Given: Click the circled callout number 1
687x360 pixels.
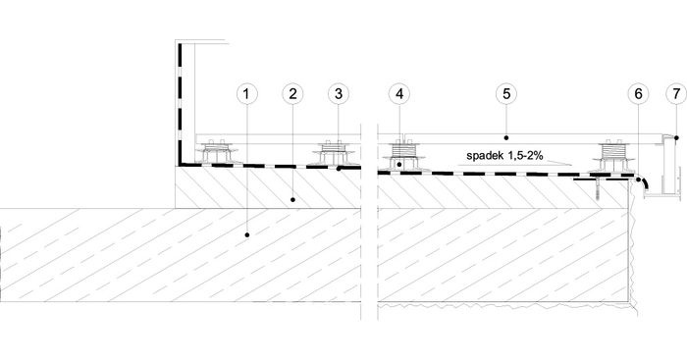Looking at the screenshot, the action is [x=247, y=94].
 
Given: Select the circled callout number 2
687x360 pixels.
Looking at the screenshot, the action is [x=292, y=94].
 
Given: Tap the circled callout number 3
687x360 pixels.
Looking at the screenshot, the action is [x=339, y=94].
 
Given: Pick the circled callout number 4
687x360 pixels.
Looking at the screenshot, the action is [x=399, y=94].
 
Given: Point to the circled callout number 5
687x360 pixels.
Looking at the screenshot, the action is [x=506, y=94].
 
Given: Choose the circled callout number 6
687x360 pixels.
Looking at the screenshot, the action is [x=638, y=94].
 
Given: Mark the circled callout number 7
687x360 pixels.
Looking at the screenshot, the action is [x=675, y=94].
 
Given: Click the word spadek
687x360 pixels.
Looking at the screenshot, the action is [x=483, y=155].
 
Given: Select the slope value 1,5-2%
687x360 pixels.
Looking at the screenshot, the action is [x=523, y=155].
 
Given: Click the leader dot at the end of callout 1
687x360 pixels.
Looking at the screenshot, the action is [x=247, y=235].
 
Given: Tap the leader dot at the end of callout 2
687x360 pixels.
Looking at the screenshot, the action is [x=292, y=200].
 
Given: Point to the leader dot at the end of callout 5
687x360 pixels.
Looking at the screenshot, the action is [x=506, y=138].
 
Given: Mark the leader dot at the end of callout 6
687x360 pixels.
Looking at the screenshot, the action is [x=639, y=180].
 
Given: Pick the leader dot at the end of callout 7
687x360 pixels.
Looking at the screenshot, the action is [x=675, y=138].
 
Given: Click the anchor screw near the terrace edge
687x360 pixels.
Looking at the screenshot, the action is [x=597, y=189].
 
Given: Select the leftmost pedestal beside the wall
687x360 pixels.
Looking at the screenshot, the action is [x=216, y=152].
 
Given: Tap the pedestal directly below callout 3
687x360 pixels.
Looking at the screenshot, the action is [x=334, y=154].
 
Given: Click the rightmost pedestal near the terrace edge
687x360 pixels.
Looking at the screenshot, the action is [x=613, y=157].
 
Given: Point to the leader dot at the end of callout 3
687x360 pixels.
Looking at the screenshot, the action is [x=339, y=168].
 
